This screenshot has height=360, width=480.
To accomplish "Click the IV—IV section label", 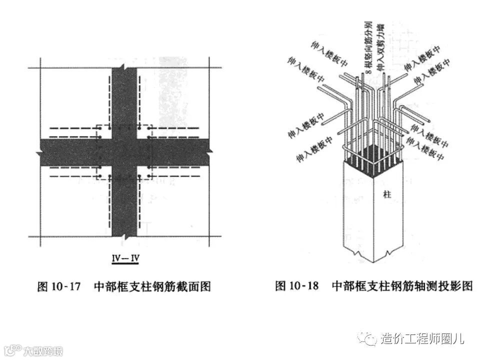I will coord(124,259).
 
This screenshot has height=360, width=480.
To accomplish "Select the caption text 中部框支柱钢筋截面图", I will coord(152,286).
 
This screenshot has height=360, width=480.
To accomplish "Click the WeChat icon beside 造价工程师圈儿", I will coord(370,339).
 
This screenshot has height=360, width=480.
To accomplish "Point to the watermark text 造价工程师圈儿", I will coord(423,339).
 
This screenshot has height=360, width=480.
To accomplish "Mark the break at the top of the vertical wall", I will coord(124,68).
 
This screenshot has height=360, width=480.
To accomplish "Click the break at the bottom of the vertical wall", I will coord(124,236).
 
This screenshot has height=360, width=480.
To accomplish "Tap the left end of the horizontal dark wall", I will coord(40,152).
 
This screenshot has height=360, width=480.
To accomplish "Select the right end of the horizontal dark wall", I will coord(209,152).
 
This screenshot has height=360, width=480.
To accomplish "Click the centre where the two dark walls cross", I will coord(124,152).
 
